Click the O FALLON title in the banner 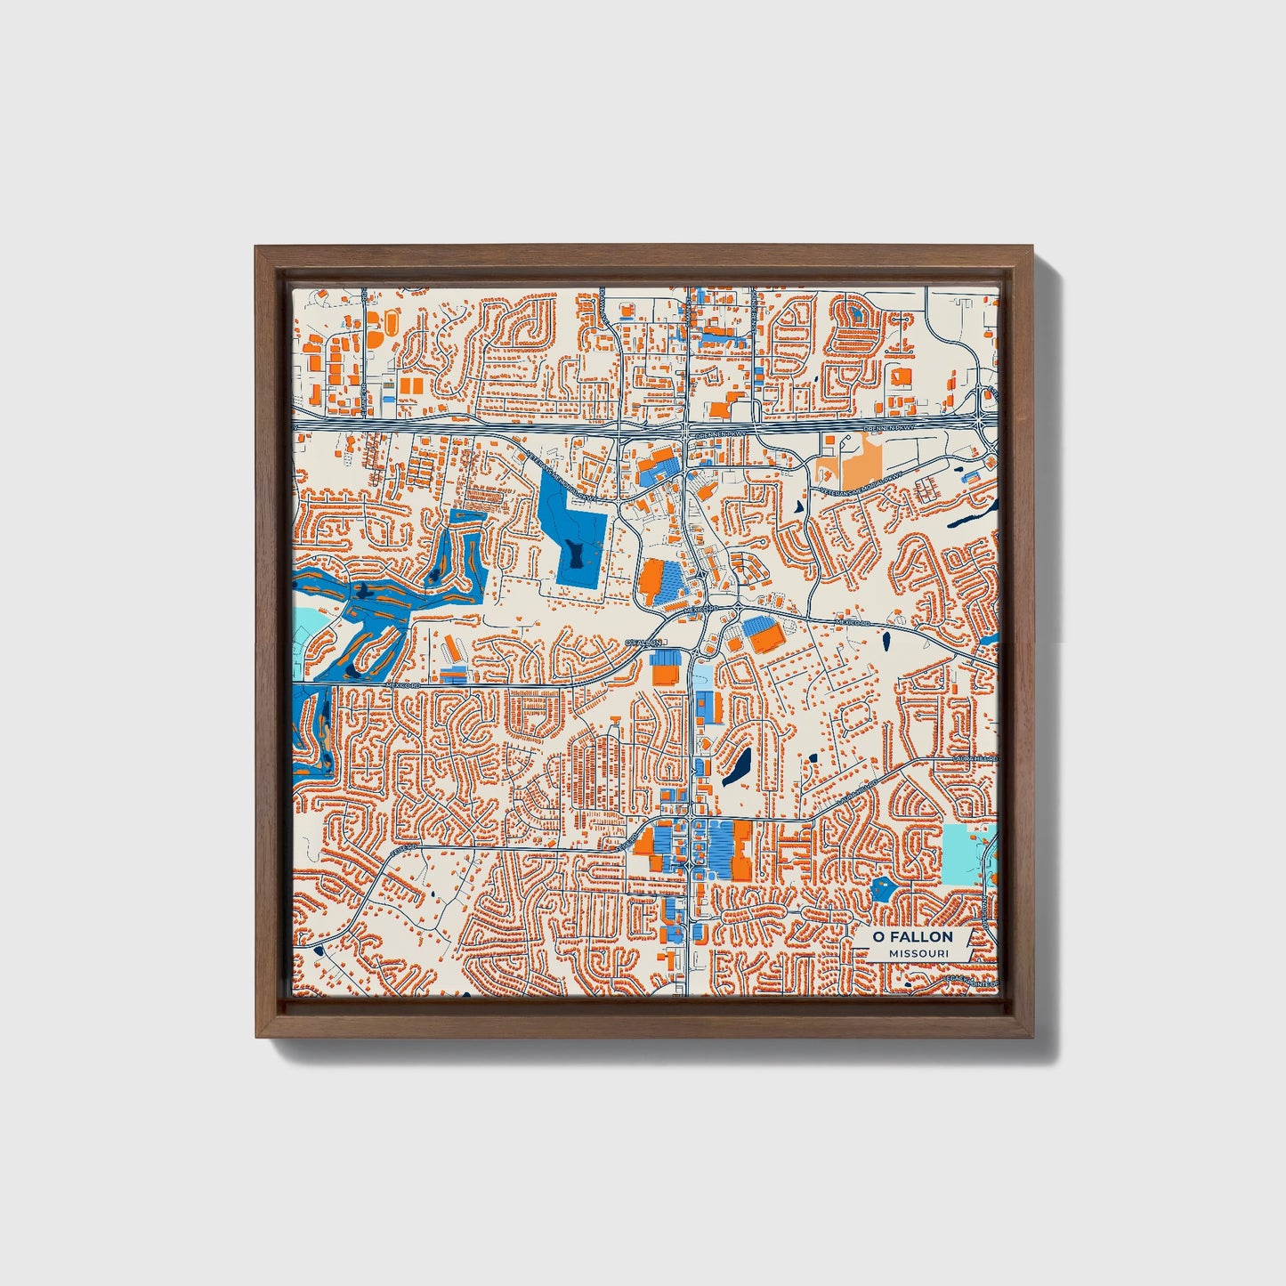click(x=912, y=936)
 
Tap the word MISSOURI click(x=918, y=953)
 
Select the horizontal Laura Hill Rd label click(x=976, y=758)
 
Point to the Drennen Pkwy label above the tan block click(x=889, y=429)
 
